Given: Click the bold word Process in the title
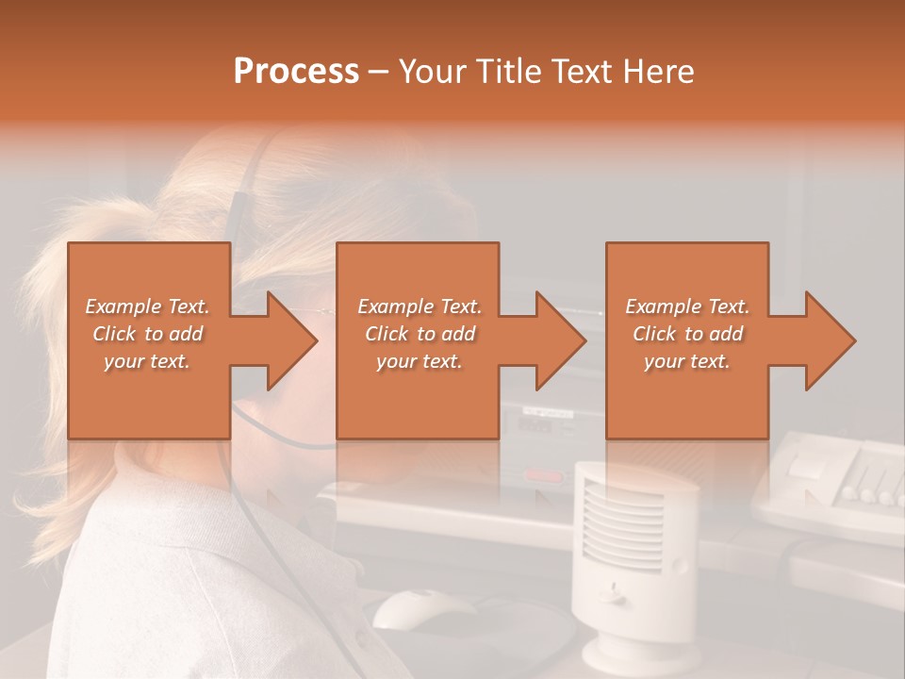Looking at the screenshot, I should point(296,72).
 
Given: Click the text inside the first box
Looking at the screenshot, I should point(148,334).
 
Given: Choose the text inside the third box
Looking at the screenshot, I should point(687,334).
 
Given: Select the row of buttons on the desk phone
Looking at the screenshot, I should point(872,492).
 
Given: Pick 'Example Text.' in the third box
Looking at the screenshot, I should point(687,306).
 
